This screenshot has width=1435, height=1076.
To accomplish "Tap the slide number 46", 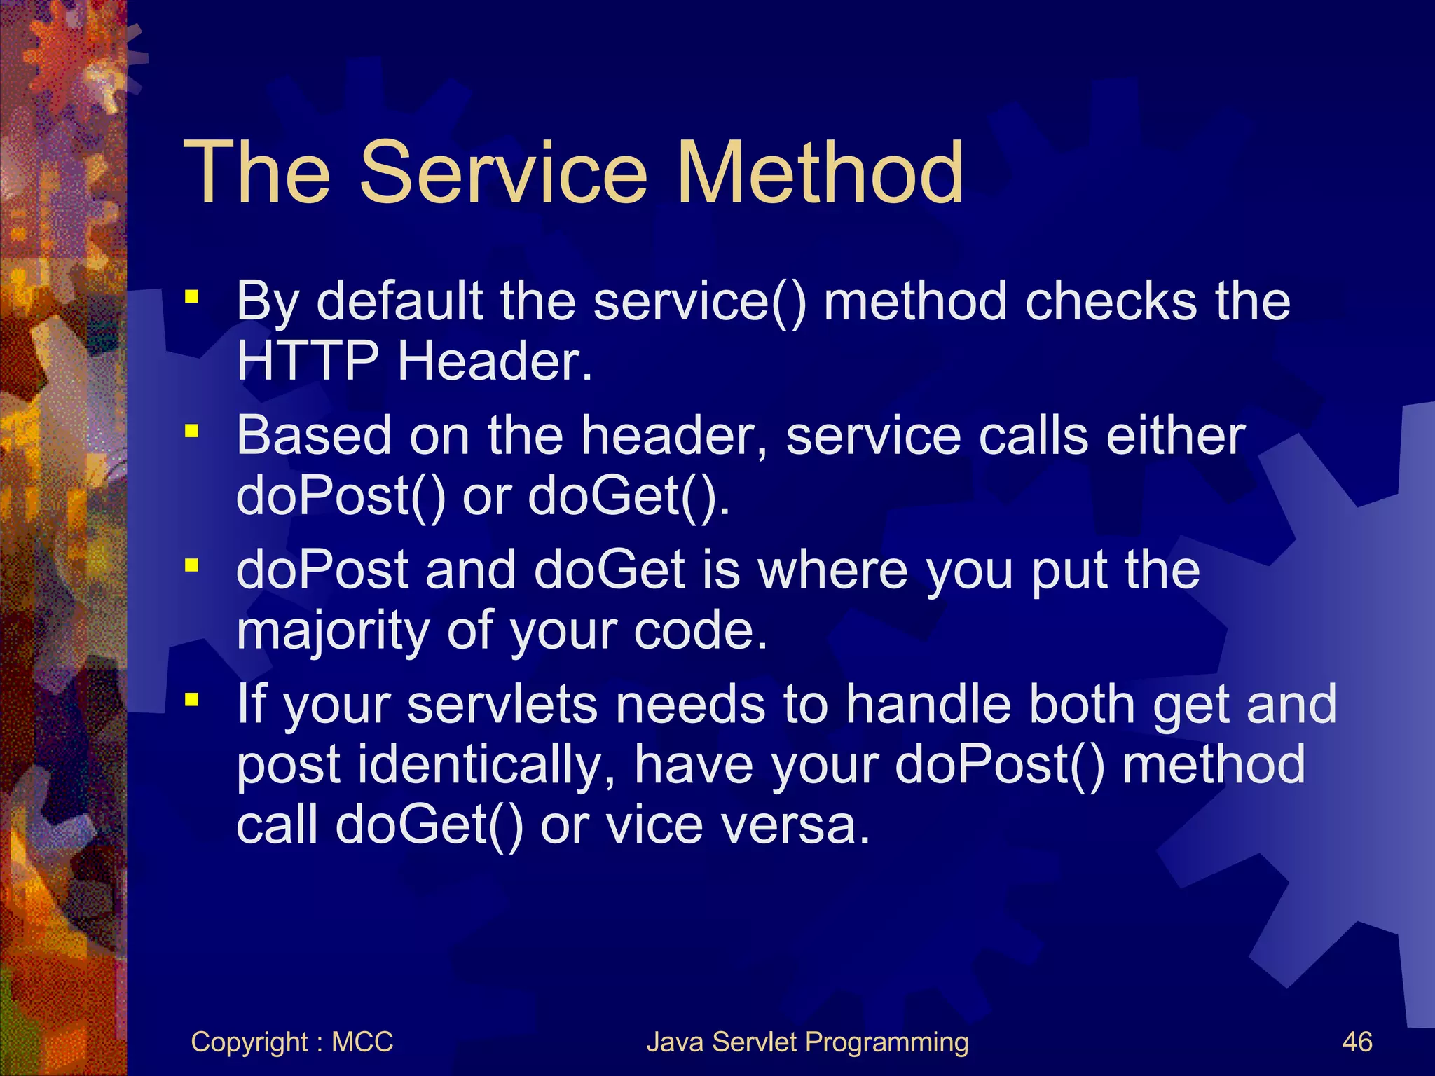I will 1357,1042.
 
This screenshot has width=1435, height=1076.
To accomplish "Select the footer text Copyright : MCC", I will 291,1042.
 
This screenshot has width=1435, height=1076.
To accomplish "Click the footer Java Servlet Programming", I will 807,1042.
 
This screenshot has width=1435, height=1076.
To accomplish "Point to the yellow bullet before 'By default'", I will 191,297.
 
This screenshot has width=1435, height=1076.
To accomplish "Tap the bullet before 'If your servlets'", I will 191,699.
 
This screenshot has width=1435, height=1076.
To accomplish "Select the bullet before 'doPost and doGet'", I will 191,565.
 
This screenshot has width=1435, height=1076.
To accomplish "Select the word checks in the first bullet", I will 1111,301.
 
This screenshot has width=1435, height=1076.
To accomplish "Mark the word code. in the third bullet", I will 700,630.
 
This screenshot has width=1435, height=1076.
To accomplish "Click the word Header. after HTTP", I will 495,361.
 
